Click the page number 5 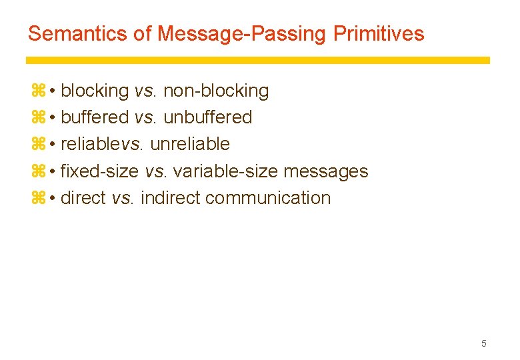(484, 343)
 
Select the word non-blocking (216, 91)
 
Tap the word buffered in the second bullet (94, 117)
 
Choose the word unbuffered (207, 117)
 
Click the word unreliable (190, 144)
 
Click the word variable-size (225, 171)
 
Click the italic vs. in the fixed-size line (156, 171)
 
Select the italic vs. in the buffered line (145, 117)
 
